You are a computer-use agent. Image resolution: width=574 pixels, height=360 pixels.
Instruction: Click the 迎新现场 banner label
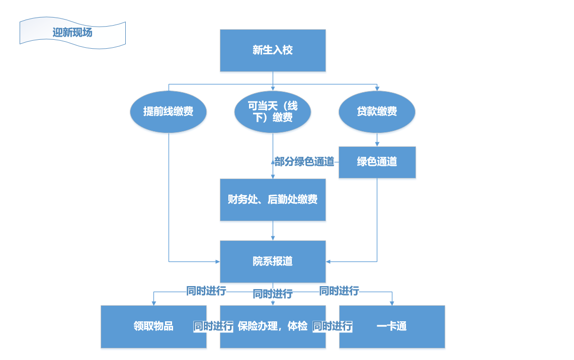pyautogui.click(x=72, y=33)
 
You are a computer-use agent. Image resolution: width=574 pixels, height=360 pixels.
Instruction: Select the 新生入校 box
pyautogui.click(x=273, y=50)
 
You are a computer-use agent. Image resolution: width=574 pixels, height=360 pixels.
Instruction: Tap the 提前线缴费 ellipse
pyautogui.click(x=168, y=112)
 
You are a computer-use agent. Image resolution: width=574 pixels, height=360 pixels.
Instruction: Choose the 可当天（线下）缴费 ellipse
pyautogui.click(x=273, y=112)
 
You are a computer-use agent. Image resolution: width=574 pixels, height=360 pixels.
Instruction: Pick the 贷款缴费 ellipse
pyautogui.click(x=377, y=112)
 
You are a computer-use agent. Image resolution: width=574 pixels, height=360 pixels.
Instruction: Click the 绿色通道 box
pyautogui.click(x=377, y=162)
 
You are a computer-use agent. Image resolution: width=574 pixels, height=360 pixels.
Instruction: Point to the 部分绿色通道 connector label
pyautogui.click(x=304, y=162)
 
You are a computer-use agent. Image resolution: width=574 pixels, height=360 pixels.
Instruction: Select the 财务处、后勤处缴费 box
pyautogui.click(x=273, y=200)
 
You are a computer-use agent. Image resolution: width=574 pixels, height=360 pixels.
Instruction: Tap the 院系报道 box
pyautogui.click(x=273, y=261)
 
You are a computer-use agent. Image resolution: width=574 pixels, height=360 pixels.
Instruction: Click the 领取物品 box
pyautogui.click(x=153, y=326)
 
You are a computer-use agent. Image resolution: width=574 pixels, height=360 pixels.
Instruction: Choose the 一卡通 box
pyautogui.click(x=392, y=326)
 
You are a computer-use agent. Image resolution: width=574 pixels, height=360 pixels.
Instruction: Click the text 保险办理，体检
pyautogui.click(x=273, y=326)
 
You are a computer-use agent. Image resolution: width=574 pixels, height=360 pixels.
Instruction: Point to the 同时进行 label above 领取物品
pyautogui.click(x=206, y=291)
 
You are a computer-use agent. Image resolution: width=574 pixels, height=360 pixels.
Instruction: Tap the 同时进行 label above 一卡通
pyautogui.click(x=339, y=291)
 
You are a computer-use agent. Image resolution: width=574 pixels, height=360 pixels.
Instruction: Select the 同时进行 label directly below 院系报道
pyautogui.click(x=273, y=294)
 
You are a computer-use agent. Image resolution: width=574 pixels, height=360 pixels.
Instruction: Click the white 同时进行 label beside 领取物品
pyautogui.click(x=213, y=326)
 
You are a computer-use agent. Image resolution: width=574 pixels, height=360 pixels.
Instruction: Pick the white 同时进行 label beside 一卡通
pyautogui.click(x=333, y=326)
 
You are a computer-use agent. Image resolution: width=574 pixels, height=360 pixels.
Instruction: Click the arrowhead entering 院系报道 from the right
pyautogui.click(x=329, y=261)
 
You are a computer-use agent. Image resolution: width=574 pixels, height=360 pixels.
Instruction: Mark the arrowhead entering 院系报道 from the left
pyautogui.click(x=217, y=261)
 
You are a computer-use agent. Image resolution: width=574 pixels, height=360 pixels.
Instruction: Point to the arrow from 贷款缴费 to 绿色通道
pyautogui.click(x=377, y=140)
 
